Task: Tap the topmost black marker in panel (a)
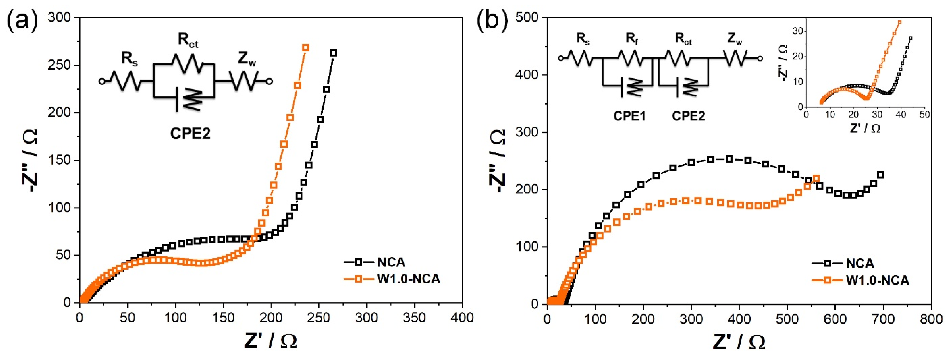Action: pos(333,53)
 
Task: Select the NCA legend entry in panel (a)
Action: pos(391,262)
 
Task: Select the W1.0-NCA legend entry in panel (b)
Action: pos(877,280)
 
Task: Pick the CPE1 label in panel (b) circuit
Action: pos(629,116)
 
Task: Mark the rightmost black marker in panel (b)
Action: pos(881,175)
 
